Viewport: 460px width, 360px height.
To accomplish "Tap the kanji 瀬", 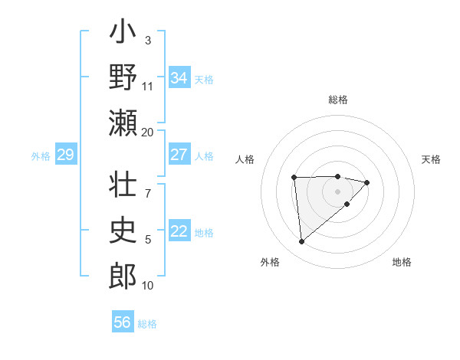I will click(x=123, y=123).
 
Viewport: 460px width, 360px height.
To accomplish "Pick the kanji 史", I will click(x=123, y=230).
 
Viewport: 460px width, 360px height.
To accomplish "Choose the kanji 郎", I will click(x=123, y=276).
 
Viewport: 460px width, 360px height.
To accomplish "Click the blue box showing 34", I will click(x=179, y=77).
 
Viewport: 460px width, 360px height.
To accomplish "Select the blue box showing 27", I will click(x=179, y=154).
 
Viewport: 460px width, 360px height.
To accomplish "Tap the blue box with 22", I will click(x=179, y=231).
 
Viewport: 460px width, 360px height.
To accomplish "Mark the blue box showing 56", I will click(x=123, y=322).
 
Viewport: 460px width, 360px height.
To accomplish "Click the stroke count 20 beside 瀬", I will click(x=148, y=132).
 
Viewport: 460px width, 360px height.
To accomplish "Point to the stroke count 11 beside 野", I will click(x=148, y=86).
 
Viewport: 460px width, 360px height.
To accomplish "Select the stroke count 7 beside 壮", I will click(x=147, y=185).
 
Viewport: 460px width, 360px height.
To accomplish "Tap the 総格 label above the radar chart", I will click(x=337, y=100).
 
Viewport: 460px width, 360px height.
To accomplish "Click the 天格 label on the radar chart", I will click(x=431, y=159).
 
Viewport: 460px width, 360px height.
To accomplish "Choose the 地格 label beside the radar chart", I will click(x=402, y=262).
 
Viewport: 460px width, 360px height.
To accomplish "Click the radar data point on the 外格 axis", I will click(x=301, y=242).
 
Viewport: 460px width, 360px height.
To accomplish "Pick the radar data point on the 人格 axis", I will click(x=294, y=178).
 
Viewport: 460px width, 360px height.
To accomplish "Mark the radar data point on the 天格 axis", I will click(x=367, y=182).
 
